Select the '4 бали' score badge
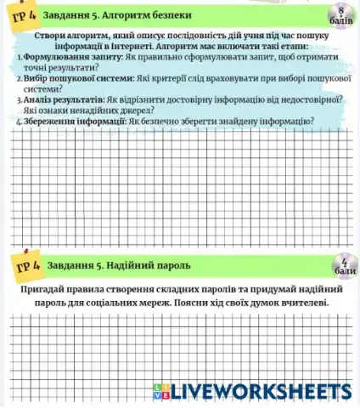pyautogui.click(x=340, y=265)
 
